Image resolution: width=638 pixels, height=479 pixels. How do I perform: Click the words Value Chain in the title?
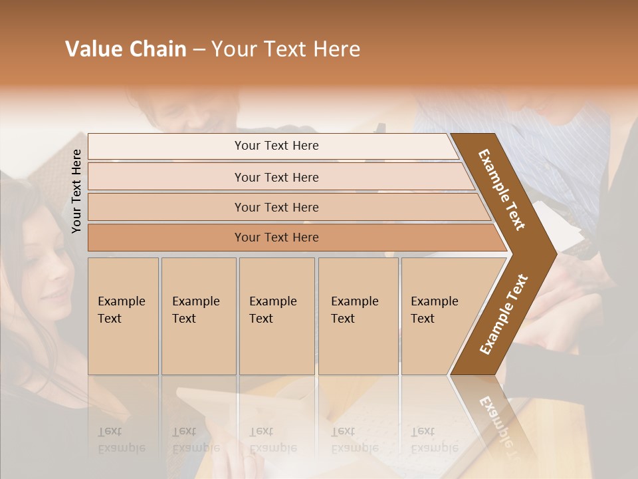click(x=126, y=49)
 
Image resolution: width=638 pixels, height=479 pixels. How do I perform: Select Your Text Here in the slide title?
click(x=286, y=49)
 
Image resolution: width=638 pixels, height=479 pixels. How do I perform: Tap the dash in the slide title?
click(x=199, y=50)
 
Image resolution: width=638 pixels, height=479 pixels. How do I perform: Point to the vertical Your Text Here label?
click(x=76, y=191)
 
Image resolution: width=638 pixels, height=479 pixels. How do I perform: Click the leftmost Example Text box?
click(x=123, y=316)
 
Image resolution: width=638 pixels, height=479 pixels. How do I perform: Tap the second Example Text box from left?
click(x=198, y=316)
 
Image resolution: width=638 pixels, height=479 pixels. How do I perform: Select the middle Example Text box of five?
click(x=276, y=316)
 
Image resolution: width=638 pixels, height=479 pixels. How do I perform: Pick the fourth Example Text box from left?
click(x=358, y=316)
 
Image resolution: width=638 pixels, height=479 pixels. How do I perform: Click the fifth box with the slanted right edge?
click(x=439, y=316)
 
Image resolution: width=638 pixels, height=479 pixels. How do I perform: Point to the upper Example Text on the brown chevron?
click(x=502, y=190)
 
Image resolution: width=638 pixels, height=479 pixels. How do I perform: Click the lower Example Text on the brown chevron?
click(x=504, y=315)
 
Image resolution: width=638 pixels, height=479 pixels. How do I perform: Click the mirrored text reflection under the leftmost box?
click(x=121, y=439)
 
